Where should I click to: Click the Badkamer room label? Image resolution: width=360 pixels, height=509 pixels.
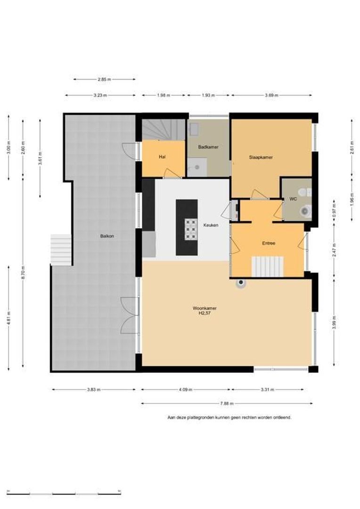pos(208,147)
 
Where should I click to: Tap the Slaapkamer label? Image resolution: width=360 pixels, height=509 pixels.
pos(261,157)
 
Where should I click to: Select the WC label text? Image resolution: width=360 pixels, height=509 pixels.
pos(293,199)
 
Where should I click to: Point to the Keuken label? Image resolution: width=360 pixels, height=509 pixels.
pos(211,225)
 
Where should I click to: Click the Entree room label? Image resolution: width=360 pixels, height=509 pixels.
pos(269,243)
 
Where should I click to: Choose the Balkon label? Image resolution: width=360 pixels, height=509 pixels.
pos(107,236)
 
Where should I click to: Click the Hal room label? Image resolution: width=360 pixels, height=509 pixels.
pos(162,157)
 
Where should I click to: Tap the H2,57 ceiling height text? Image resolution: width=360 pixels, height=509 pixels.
pos(205,313)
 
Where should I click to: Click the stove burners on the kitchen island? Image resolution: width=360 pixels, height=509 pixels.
pos(191,229)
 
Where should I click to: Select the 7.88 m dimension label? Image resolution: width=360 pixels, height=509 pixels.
pos(227,403)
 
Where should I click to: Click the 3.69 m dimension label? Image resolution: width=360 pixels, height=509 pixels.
pos(271,95)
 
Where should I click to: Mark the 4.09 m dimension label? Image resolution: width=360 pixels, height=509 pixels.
pos(186,390)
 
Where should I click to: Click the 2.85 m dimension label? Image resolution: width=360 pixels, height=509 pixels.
pos(104,79)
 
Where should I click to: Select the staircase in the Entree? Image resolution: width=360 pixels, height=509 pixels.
pos(268,267)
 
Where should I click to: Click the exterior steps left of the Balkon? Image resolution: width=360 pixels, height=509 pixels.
pos(61,249)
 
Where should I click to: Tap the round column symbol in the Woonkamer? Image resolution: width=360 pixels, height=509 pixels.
pos(241,283)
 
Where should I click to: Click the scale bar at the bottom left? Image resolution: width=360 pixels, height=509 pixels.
pos(64,494)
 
